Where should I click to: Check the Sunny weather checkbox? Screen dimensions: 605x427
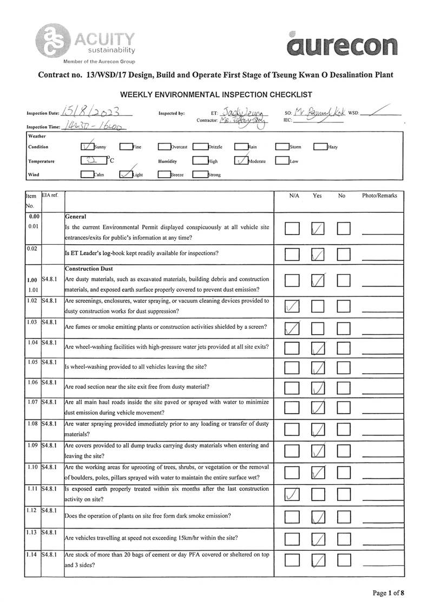coord(87,146)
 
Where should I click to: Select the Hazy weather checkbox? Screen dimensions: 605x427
coord(320,146)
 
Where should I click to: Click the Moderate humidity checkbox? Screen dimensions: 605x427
coord(241,161)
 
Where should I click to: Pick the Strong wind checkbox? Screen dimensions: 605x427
coord(200,174)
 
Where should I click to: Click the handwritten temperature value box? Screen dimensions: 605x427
coord(93,161)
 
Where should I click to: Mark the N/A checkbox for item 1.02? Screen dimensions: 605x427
coord(292,307)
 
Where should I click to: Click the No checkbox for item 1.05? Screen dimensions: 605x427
coord(344,369)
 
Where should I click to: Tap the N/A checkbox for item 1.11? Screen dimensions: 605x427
coord(292,494)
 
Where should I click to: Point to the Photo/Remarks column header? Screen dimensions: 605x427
coord(379,196)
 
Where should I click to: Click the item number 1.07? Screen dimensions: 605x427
coord(32,402)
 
